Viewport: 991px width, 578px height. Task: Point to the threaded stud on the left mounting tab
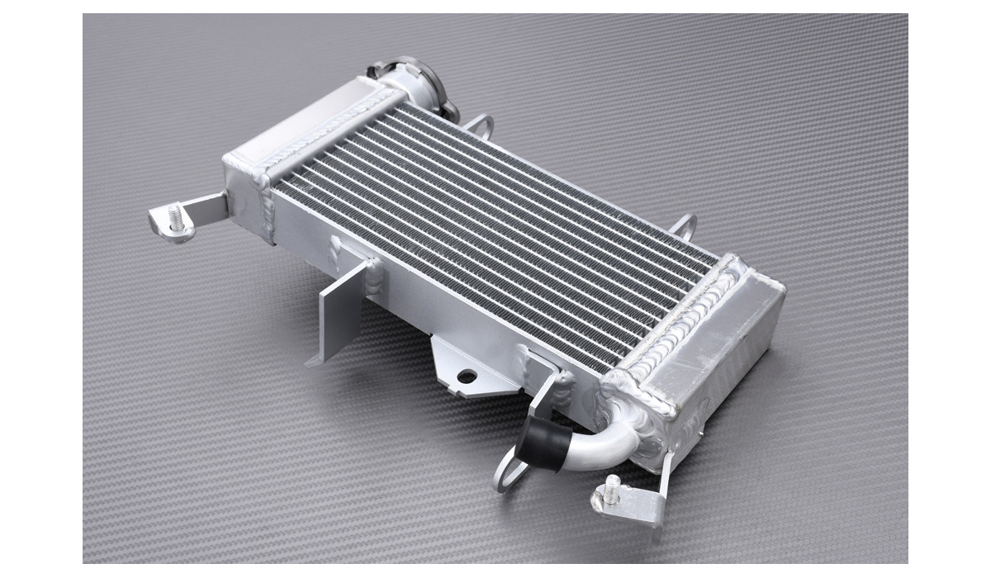[175, 216]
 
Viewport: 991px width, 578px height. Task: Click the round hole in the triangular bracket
[467, 376]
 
